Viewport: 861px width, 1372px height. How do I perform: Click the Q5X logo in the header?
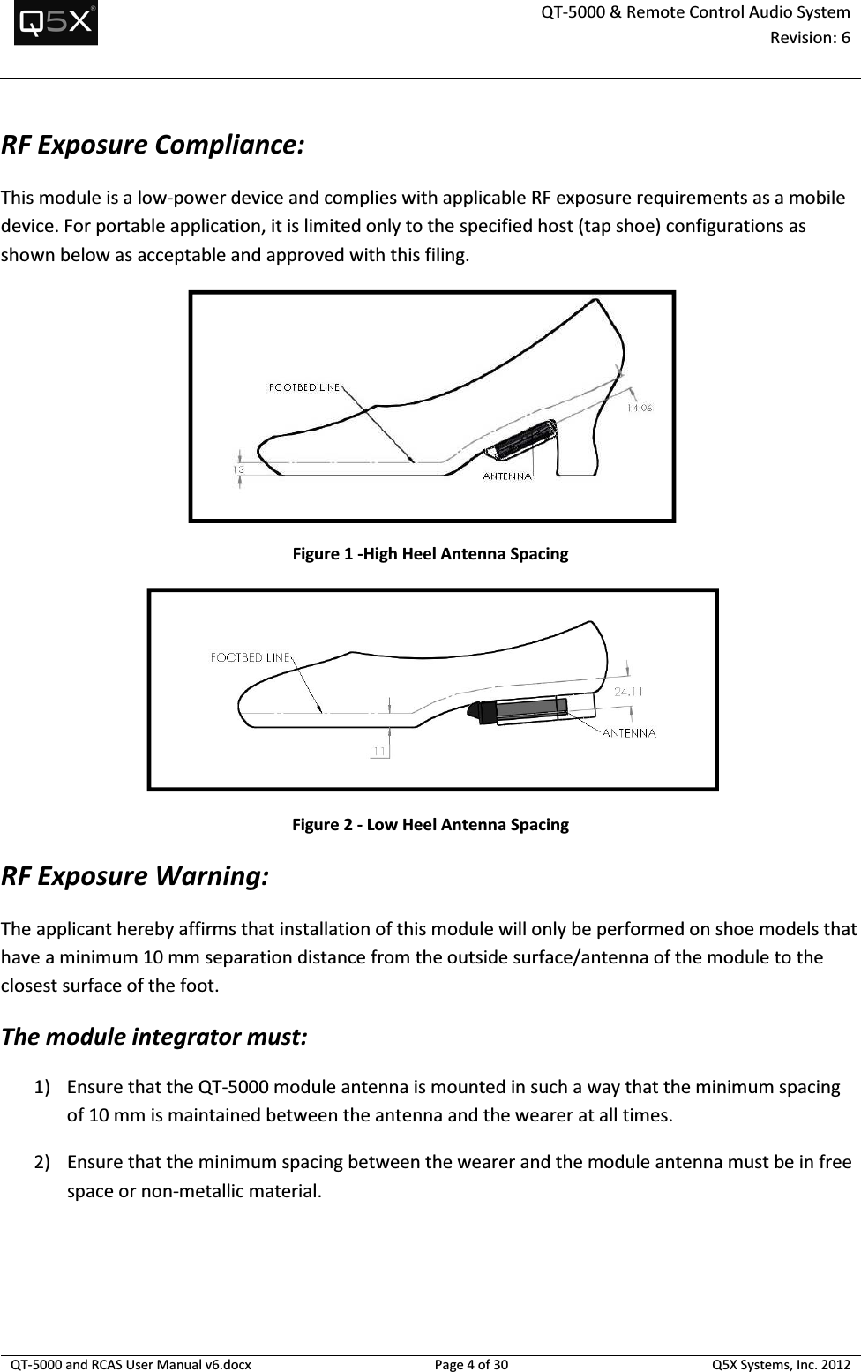point(56,24)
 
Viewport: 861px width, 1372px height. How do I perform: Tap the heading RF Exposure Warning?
point(136,877)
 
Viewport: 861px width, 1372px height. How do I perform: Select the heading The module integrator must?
point(155,1036)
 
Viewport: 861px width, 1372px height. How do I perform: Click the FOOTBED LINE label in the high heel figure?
point(303,386)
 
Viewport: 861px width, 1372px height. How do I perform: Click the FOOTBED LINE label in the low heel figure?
point(250,656)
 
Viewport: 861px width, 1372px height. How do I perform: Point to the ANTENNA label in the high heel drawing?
point(507,476)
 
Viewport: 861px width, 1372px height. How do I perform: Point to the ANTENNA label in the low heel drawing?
point(629,732)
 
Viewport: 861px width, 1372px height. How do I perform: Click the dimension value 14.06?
point(640,408)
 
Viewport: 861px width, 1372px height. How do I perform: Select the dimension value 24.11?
point(628,692)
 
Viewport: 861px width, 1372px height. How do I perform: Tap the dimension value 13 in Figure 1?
point(239,470)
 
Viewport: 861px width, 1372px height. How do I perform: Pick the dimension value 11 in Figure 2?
point(378,751)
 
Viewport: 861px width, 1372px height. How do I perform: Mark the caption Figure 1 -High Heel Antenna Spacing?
point(430,554)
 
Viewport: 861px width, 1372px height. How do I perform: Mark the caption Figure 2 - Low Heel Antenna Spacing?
point(430,825)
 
